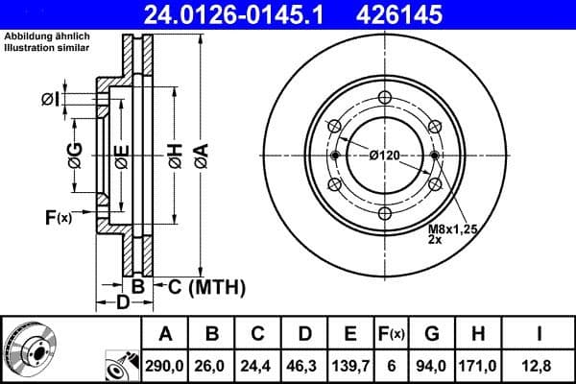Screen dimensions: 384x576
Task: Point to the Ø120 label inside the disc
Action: [x=384, y=156]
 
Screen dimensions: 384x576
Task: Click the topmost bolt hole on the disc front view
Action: [x=384, y=97]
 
